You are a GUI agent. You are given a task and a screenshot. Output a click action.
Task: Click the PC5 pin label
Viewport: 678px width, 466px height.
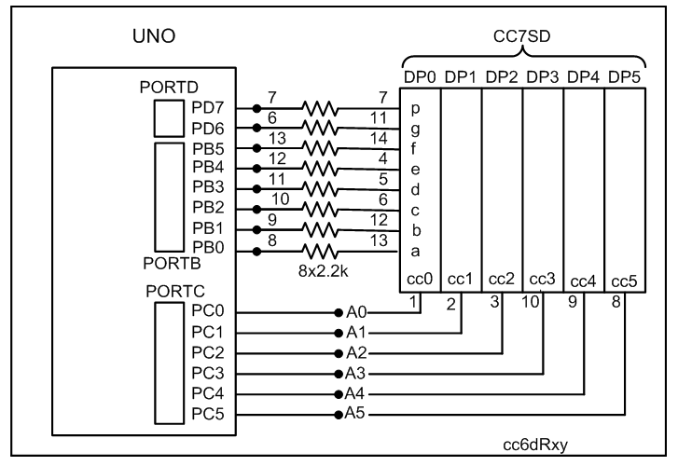[x=207, y=412]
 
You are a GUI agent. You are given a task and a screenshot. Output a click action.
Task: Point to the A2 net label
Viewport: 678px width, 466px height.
[x=355, y=352]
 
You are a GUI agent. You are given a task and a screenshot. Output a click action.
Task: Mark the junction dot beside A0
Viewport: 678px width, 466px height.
[x=338, y=311]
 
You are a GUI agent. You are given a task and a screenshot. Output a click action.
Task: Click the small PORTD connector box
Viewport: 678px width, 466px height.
[x=170, y=116]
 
